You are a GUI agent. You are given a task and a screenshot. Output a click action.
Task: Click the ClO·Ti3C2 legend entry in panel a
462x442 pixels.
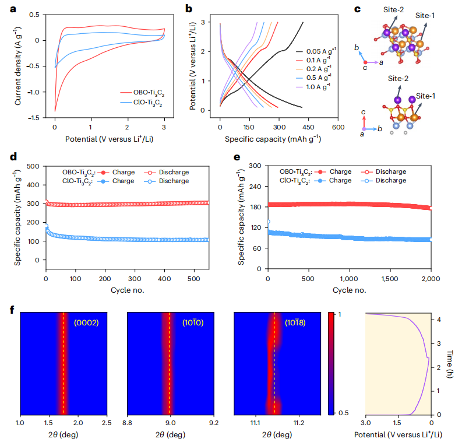coord(146,103)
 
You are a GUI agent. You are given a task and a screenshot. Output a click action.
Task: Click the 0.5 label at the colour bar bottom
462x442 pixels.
coord(344,413)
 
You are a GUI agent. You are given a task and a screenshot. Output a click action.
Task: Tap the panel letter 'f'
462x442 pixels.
coord(13,307)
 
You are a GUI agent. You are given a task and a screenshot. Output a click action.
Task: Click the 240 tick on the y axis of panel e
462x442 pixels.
coord(254,187)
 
